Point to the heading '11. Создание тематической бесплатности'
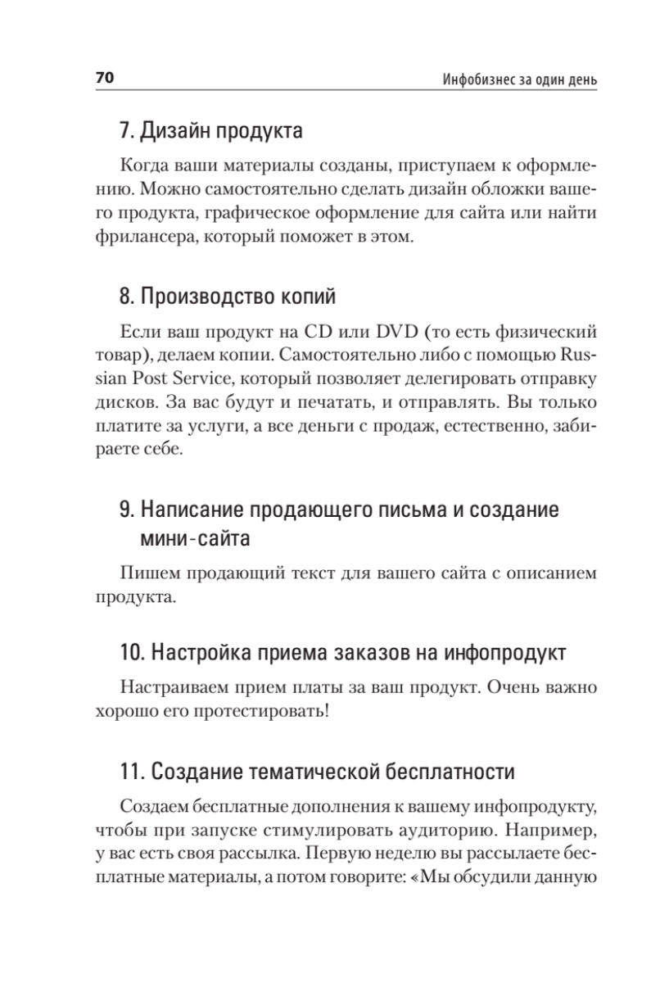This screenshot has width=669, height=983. tap(318, 772)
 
